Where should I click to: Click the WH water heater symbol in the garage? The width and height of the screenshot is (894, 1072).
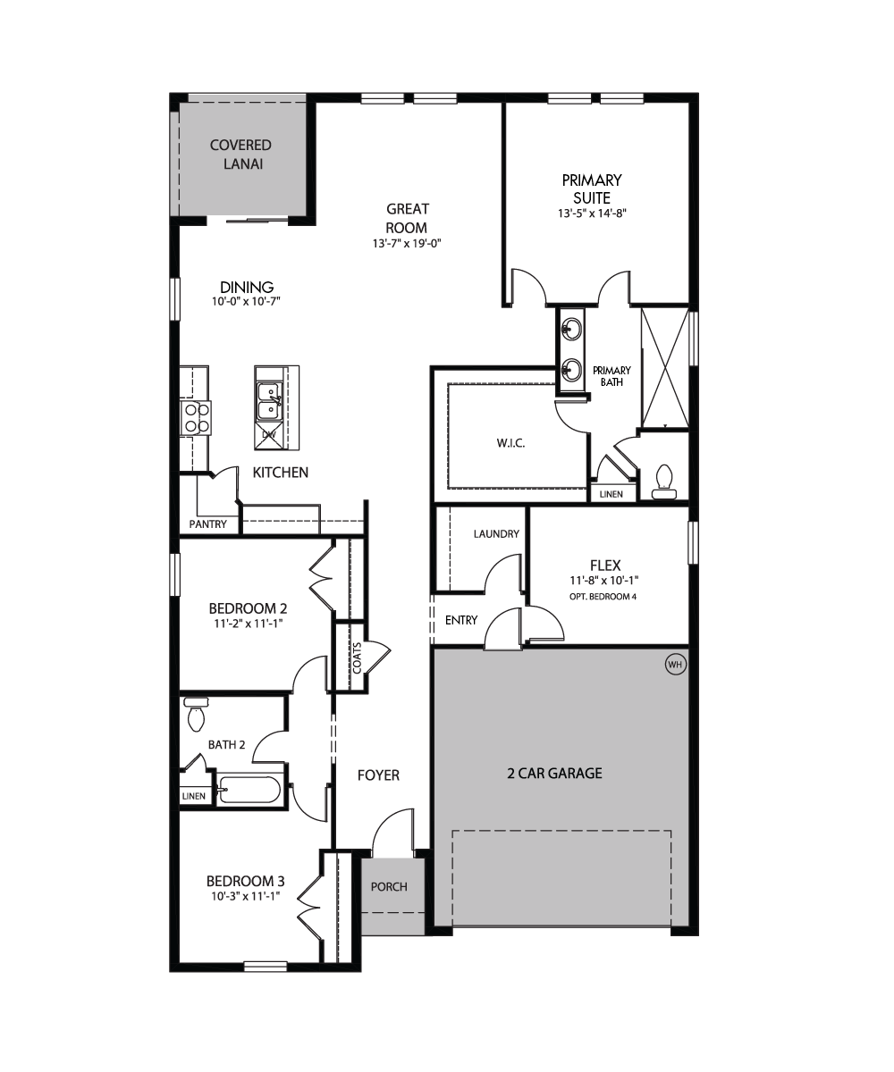coord(675,665)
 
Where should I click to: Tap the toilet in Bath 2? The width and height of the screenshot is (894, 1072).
coord(196,715)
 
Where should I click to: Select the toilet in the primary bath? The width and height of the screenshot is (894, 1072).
coord(664,482)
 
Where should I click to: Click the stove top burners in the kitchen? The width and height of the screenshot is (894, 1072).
coord(197,418)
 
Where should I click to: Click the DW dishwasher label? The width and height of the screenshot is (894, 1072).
coord(269,434)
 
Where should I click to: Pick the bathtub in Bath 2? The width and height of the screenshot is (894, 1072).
coord(249,790)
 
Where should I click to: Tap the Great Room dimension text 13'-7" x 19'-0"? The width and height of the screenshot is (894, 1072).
coord(407,243)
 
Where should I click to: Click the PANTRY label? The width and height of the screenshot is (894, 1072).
coord(207,524)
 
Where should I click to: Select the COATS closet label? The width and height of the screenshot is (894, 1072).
coord(357,658)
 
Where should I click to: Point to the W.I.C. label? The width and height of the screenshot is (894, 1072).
coord(510,443)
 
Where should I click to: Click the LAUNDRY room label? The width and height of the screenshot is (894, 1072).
coord(496,534)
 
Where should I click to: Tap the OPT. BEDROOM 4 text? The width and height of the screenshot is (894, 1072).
coord(603,597)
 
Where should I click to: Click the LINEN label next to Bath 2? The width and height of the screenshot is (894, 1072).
coord(194,796)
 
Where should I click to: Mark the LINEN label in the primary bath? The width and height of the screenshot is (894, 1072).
coord(611,494)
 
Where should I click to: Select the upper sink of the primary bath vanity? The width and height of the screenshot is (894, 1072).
coord(571,328)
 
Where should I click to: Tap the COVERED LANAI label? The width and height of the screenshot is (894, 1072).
coord(240,155)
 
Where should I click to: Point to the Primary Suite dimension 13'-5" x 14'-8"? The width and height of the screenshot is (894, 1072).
coord(592,214)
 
